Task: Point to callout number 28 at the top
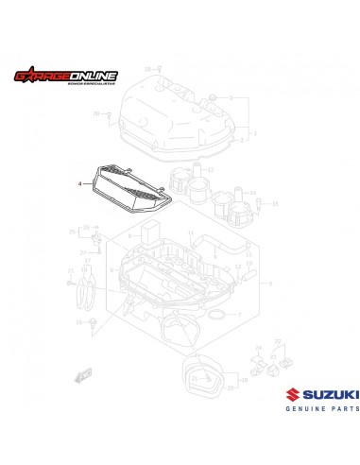coord(146,70)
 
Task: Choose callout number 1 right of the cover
coord(253,134)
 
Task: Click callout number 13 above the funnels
coord(210,170)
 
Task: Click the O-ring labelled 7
coord(216,311)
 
